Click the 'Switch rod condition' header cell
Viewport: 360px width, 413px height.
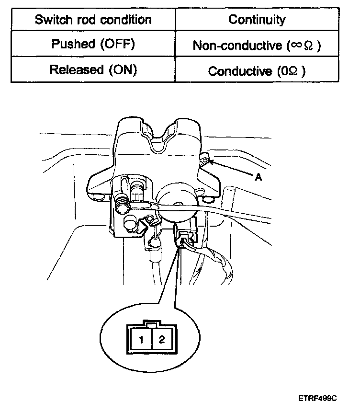pyautogui.click(x=93, y=20)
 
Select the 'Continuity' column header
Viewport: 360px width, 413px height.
pyautogui.click(x=257, y=20)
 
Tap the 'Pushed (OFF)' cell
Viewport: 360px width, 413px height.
pyautogui.click(x=93, y=45)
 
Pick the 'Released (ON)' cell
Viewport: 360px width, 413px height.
pyautogui.click(x=93, y=70)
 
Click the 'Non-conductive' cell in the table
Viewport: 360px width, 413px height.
pyautogui.click(x=257, y=46)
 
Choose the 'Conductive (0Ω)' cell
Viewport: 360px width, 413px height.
pyautogui.click(x=257, y=71)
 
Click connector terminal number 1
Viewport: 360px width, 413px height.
pyautogui.click(x=142, y=340)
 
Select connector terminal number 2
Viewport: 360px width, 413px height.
pyautogui.click(x=161, y=340)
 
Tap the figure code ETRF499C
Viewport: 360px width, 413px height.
pyautogui.click(x=318, y=398)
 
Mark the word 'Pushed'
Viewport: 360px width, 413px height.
pyautogui.click(x=73, y=45)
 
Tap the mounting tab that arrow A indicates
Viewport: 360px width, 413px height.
pyautogui.click(x=205, y=159)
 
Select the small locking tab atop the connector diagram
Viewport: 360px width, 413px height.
pyautogui.click(x=151, y=325)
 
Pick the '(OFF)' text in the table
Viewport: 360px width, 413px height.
pyautogui.click(x=117, y=45)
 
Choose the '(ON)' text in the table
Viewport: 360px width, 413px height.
pyautogui.click(x=123, y=70)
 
